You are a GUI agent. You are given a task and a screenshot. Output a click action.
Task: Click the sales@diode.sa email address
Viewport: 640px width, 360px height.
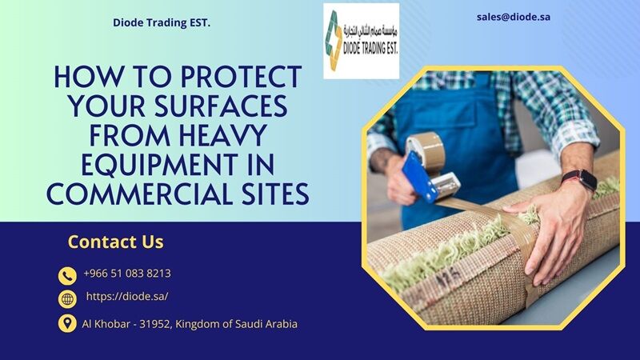(513, 17)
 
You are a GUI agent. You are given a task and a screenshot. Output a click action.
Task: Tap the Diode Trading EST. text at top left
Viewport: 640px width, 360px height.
(162, 23)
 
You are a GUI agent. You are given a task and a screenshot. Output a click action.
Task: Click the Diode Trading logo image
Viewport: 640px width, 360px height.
(362, 42)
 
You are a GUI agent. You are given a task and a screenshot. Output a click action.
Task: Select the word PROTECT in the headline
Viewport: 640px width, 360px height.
(241, 77)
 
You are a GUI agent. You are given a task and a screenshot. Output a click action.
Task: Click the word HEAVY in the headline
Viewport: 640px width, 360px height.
(223, 135)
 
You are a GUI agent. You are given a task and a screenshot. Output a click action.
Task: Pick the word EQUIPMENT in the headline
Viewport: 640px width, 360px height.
(159, 165)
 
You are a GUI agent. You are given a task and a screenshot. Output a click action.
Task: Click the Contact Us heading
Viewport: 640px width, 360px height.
(115, 242)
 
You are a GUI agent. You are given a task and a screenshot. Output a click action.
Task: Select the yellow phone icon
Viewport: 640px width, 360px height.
(67, 276)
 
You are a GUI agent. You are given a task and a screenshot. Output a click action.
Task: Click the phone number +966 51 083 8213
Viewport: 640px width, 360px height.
(127, 273)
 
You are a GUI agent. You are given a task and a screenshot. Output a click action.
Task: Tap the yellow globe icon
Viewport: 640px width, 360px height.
(67, 299)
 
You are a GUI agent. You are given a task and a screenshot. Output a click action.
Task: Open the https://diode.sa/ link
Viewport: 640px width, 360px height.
(127, 296)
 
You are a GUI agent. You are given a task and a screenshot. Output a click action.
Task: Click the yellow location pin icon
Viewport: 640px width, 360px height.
(67, 323)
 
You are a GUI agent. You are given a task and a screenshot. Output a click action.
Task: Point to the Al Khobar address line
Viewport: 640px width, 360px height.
(190, 324)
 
